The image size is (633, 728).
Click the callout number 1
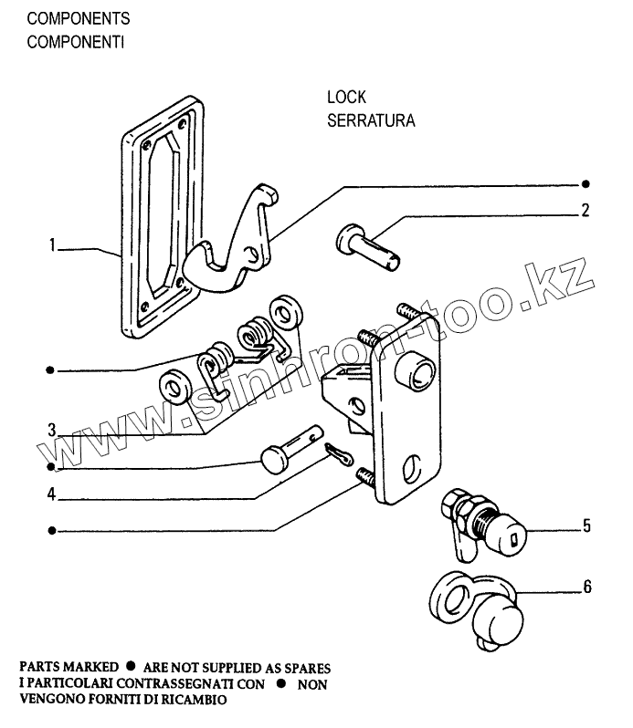tap(55, 245)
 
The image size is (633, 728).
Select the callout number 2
tap(585, 210)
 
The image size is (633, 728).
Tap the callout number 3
tap(54, 428)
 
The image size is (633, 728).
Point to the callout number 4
tap(54, 495)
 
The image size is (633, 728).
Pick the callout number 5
tap(585, 526)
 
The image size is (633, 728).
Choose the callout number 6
tap(586, 587)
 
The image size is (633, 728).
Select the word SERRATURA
tap(371, 120)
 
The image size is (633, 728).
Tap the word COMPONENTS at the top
tap(79, 18)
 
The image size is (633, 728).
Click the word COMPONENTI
tap(76, 42)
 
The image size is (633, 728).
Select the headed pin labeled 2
tap(369, 246)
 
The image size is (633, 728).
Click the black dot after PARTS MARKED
tap(131, 668)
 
